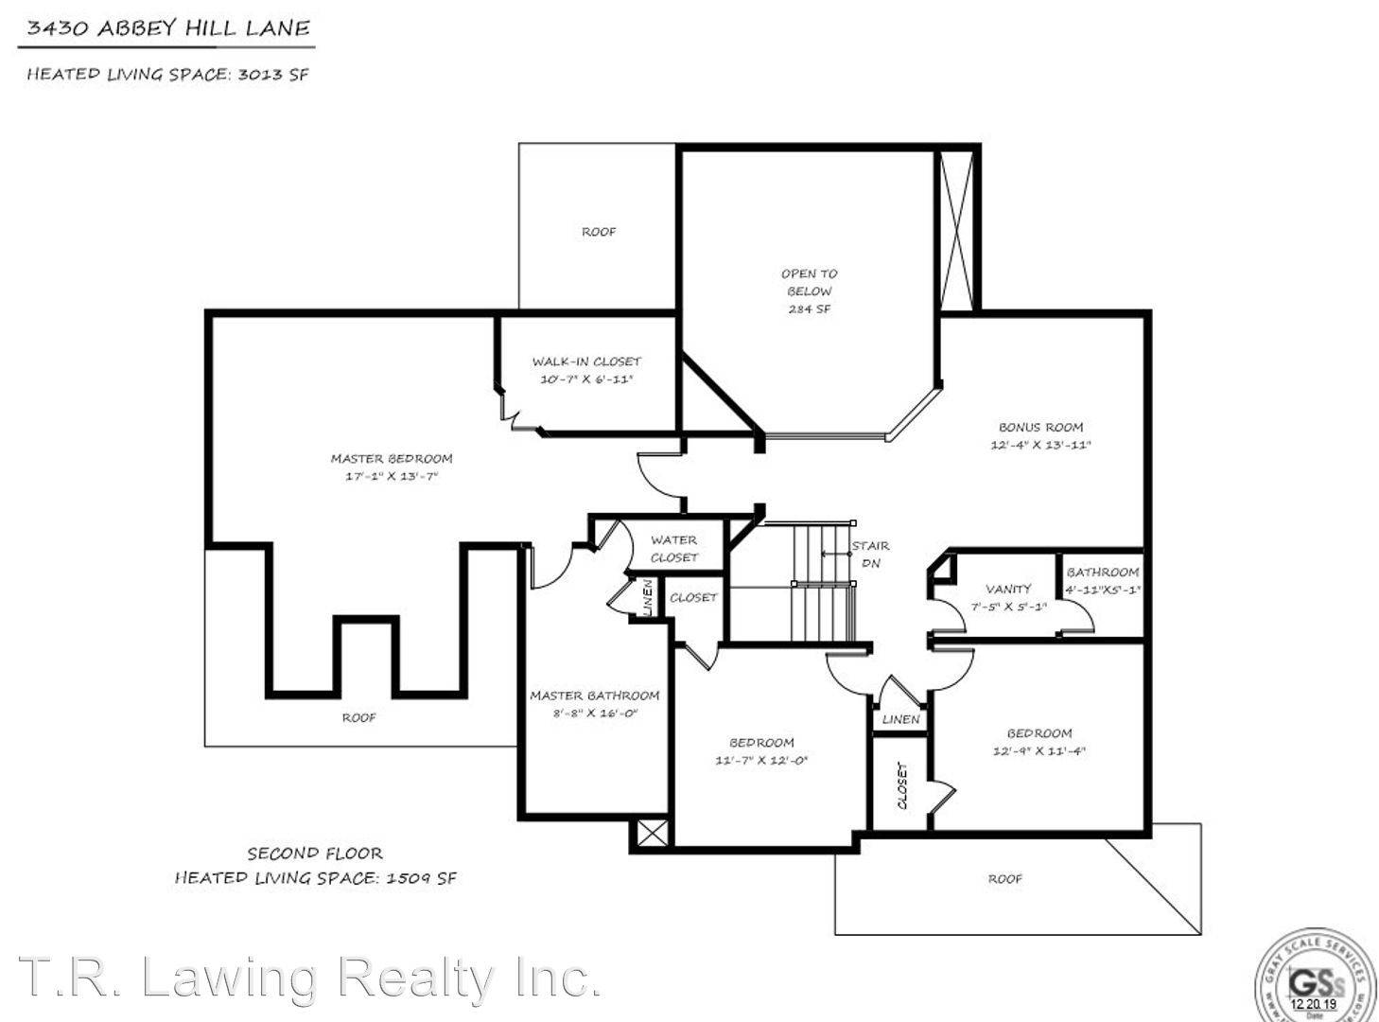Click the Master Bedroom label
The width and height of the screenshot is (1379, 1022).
(391, 459)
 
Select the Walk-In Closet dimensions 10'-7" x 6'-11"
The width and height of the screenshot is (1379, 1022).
(585, 379)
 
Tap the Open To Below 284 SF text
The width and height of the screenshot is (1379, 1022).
(809, 291)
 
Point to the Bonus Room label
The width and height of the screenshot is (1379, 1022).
(1040, 428)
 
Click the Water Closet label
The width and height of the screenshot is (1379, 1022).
(673, 549)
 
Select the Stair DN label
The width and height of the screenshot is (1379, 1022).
(869, 554)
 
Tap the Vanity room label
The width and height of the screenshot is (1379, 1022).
(1008, 589)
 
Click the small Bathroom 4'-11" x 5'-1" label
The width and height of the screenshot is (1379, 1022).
(1103, 580)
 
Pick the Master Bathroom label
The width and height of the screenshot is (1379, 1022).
(594, 696)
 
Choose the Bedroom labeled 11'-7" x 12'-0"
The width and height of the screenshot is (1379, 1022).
(761, 751)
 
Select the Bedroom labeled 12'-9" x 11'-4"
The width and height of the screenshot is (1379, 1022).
(1039, 742)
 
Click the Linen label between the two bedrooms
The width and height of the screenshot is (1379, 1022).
(900, 719)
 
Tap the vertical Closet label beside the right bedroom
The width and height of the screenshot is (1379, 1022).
(901, 785)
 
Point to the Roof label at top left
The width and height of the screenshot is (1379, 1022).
(599, 232)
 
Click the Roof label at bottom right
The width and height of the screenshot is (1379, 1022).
(1004, 879)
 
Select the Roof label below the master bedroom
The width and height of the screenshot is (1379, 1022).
(358, 718)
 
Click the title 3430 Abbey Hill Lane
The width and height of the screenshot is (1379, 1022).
(167, 28)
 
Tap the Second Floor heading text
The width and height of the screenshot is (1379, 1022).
(315, 854)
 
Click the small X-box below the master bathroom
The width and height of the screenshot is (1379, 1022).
(652, 834)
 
